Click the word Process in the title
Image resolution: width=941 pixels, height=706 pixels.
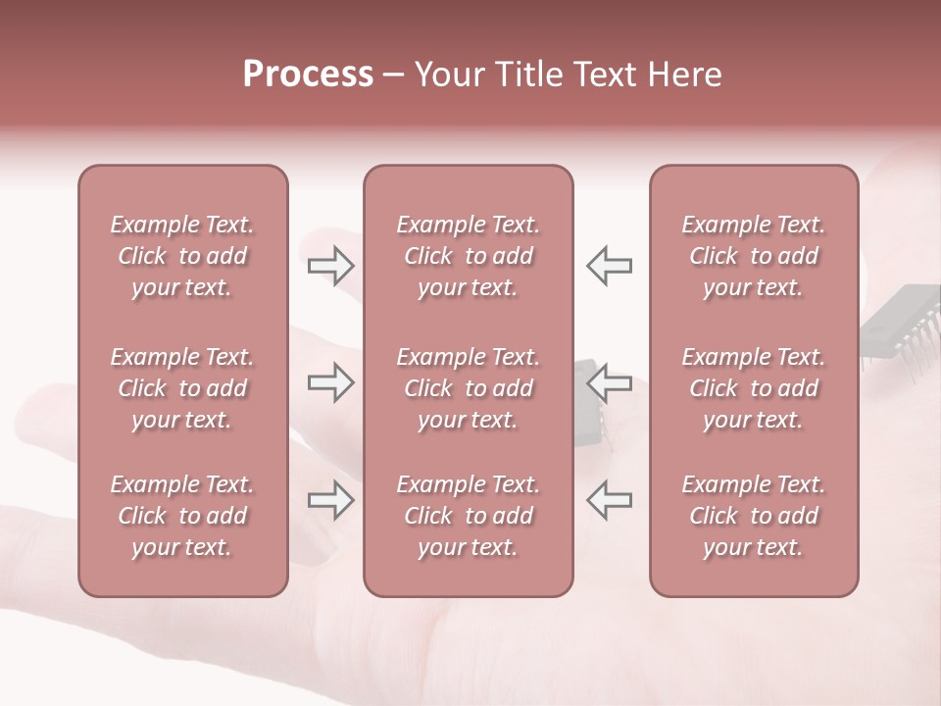308,75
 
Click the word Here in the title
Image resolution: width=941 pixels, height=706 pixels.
685,75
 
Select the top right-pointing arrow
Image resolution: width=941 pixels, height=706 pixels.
330,265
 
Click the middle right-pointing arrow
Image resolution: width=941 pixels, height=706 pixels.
330,382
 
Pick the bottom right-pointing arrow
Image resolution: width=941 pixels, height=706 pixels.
330,500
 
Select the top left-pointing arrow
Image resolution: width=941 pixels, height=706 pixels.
609,265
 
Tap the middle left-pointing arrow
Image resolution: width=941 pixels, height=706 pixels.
609,382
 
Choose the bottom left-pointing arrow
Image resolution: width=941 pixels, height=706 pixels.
609,500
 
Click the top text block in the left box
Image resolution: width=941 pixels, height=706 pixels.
182,256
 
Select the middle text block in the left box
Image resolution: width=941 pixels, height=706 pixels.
182,388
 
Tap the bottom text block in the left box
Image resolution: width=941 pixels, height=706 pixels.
182,516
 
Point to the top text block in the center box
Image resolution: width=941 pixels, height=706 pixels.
468,256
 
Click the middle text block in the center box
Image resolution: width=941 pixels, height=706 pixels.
468,388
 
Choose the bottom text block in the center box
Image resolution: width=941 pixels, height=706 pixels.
468,516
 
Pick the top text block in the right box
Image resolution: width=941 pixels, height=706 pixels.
753,256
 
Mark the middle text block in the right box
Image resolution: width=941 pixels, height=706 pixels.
753,388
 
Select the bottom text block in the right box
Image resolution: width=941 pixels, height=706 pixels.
753,516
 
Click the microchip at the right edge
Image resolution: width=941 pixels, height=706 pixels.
902,324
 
